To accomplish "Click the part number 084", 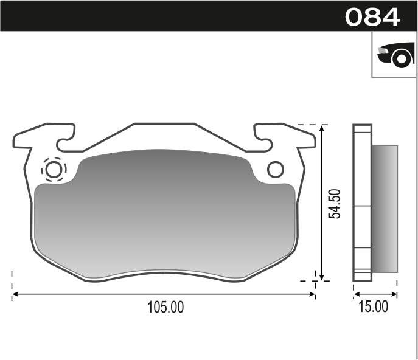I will pyautogui.click(x=372, y=16).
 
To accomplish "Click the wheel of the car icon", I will pyautogui.click(x=401, y=59).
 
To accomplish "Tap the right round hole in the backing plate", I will pyautogui.click(x=275, y=169).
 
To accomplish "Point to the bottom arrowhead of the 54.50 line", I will pyautogui.click(x=323, y=277).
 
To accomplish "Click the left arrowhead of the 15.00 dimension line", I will pyautogui.click(x=356, y=295).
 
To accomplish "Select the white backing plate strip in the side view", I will pyautogui.click(x=362, y=204).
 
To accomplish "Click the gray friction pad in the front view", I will pyautogui.click(x=164, y=213).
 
